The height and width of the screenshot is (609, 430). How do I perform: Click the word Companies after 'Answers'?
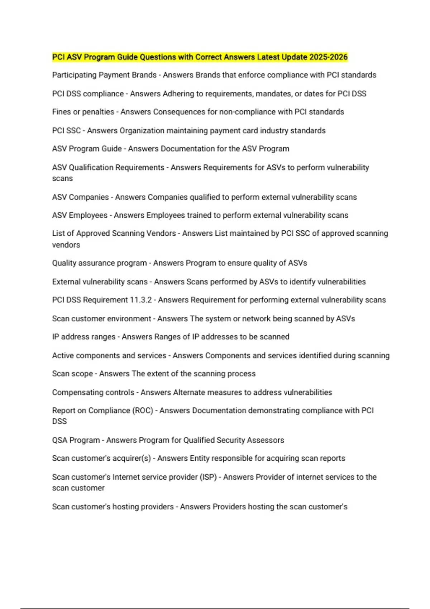pos(167,197)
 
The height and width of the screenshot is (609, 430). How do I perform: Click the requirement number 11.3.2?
pos(141,300)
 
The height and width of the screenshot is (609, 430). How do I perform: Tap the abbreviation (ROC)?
pos(143,411)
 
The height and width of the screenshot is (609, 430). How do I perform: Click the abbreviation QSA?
pos(60,440)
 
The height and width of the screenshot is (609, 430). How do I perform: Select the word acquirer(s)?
pos(132,459)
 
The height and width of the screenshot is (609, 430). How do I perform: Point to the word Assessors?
pos(268,440)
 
